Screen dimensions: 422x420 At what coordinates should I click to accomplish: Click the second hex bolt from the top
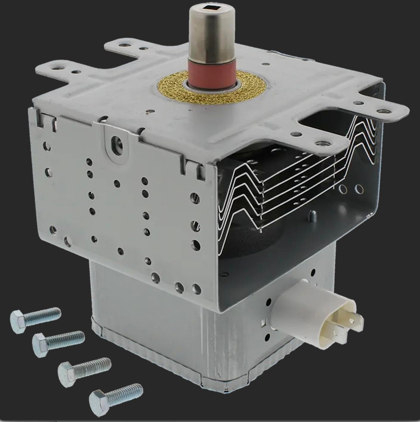58,343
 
